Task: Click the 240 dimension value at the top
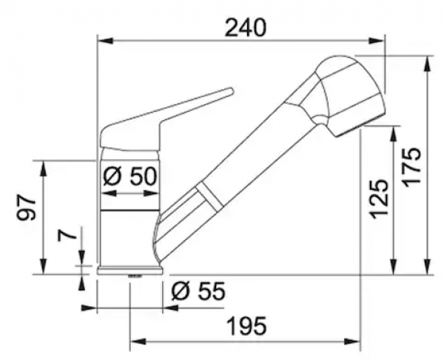246,28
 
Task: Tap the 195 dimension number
247,326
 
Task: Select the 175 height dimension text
411,167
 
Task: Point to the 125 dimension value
379,199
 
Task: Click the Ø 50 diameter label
130,176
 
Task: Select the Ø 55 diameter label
198,291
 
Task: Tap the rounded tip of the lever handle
232,90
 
